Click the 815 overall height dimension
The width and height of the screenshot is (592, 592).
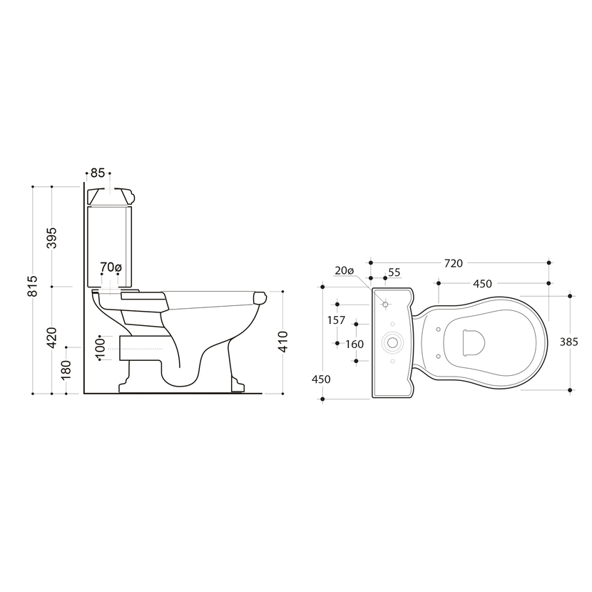pyautogui.click(x=33, y=286)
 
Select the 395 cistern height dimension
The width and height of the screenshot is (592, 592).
pyautogui.click(x=51, y=238)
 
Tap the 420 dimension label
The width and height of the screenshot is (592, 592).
pyautogui.click(x=51, y=337)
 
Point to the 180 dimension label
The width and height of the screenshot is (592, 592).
pyautogui.click(x=66, y=370)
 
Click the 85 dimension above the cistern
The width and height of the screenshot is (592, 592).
pyautogui.click(x=98, y=173)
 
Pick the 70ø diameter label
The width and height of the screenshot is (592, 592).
pyautogui.click(x=111, y=267)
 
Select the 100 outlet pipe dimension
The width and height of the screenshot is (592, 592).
pyautogui.click(x=100, y=346)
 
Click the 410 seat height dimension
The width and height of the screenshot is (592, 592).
pyautogui.click(x=282, y=342)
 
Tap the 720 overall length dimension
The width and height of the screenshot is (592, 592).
pyautogui.click(x=453, y=263)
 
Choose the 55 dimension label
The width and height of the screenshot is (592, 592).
pyautogui.click(x=394, y=272)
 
